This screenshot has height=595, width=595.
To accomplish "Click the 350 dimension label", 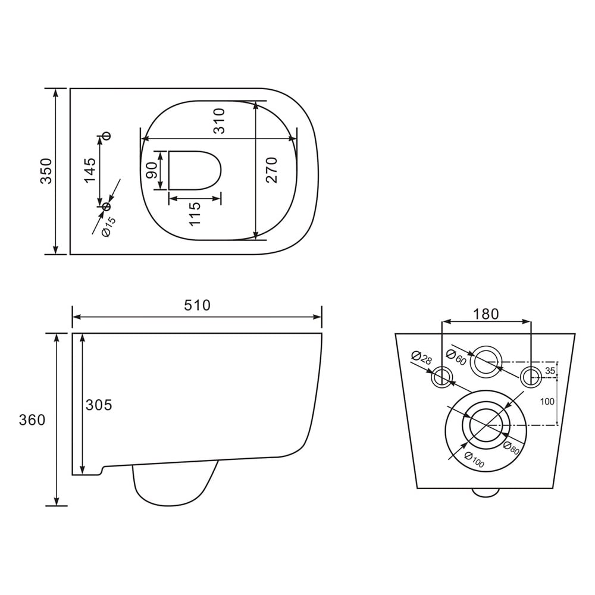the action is tap(46, 171).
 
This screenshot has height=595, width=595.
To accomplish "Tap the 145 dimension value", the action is tap(90, 170).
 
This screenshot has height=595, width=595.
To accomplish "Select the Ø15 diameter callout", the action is tap(108, 227).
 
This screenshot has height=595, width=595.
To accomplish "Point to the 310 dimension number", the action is tap(219, 121).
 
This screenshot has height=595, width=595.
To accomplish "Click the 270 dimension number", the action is tap(272, 170).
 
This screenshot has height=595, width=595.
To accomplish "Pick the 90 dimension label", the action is tap(151, 170).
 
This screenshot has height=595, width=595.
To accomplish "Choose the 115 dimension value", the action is tap(195, 214).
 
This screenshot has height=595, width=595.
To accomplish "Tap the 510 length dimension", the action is tap(198, 305).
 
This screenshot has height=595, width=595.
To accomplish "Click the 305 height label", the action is tap(99, 405).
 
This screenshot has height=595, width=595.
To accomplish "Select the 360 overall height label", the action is tap(32, 420).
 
